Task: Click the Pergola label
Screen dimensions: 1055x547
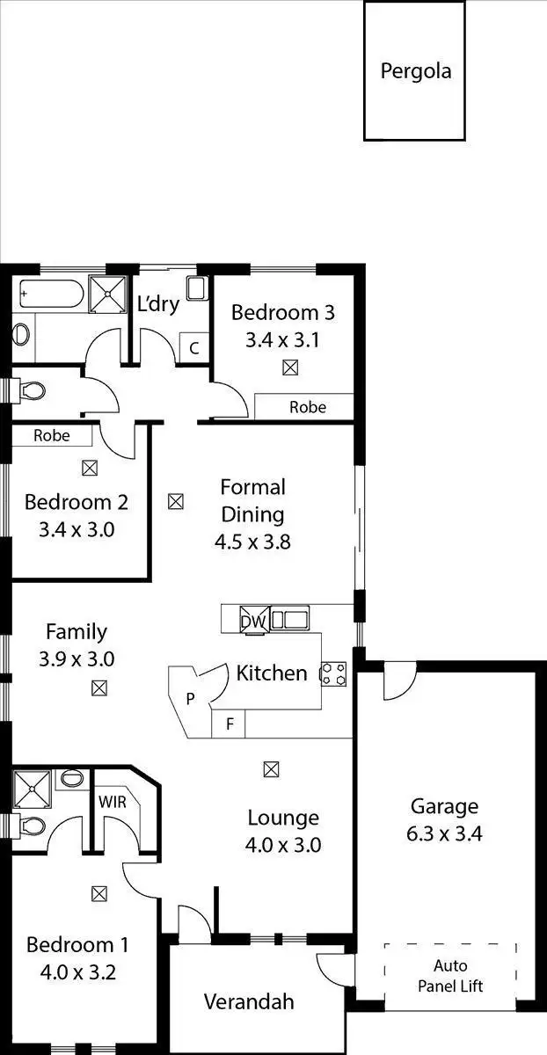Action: coord(415,71)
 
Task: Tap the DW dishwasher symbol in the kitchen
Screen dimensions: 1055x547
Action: coord(255,621)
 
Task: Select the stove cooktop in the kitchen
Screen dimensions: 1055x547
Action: coord(334,673)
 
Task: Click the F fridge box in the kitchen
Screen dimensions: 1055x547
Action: coord(230,724)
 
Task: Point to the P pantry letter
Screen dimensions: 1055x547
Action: coord(190,700)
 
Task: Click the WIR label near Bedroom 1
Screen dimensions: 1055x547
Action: coord(113,801)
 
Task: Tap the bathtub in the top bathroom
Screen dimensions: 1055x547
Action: coord(49,294)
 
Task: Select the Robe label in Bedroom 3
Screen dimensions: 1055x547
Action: coord(308,407)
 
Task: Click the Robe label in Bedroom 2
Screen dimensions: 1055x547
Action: coord(52,435)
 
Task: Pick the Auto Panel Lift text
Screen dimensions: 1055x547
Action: coord(449,976)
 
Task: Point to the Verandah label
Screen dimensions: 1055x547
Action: coord(249,1001)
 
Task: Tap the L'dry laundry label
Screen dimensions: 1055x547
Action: coord(158,304)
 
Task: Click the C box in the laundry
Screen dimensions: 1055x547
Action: coord(194,347)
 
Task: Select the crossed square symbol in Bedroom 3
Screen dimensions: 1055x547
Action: coord(290,368)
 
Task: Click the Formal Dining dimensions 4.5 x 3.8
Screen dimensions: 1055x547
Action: coord(252,542)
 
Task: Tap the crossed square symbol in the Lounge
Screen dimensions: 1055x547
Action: coord(271,769)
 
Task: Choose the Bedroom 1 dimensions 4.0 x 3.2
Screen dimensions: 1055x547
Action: coord(77,973)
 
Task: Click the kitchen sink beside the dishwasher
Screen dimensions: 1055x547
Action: coord(290,620)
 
